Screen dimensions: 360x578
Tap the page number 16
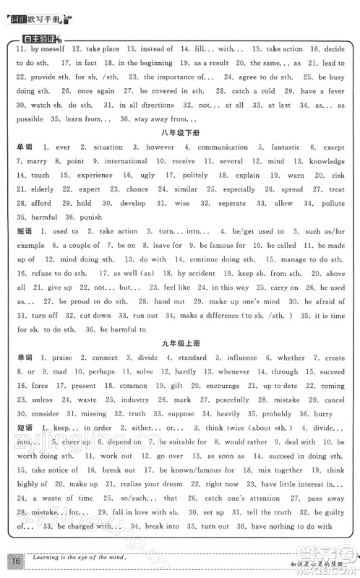point(15,559)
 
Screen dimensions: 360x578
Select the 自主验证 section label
point(40,38)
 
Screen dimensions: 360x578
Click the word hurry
point(323,413)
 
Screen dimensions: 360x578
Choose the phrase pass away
point(323,498)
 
